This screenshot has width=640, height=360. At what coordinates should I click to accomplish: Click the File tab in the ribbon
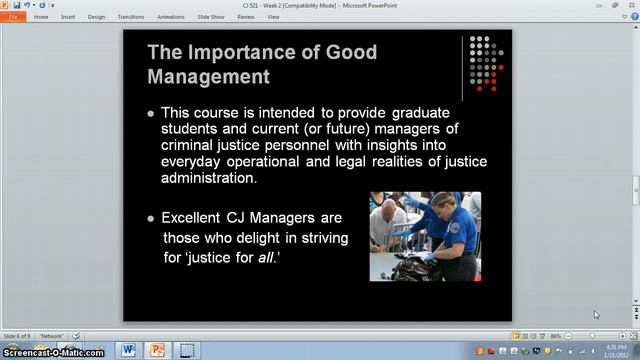pos(14,17)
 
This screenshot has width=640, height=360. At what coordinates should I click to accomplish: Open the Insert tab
pos(68,17)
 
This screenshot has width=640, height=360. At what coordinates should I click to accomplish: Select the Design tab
pos(97,17)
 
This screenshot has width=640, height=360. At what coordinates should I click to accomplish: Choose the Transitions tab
pos(130,17)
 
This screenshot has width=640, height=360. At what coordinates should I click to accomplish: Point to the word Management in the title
pos(209,75)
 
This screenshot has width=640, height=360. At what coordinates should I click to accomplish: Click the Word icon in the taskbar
pos(128,349)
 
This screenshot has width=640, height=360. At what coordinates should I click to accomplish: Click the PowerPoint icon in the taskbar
pos(157,349)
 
